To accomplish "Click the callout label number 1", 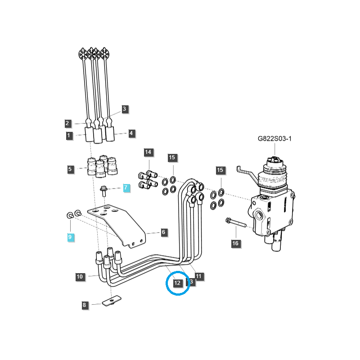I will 69,135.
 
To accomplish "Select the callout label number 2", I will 67,123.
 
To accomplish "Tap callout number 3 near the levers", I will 125,109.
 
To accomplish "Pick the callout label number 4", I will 131,133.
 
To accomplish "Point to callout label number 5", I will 70,169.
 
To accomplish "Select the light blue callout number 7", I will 126,188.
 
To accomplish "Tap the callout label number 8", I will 84,305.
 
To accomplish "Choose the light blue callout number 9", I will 70,237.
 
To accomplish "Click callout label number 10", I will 80,277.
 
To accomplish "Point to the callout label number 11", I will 198,276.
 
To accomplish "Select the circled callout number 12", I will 177,283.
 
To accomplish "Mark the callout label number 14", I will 148,152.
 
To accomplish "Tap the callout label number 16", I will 235,243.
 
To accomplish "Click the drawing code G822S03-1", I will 274,139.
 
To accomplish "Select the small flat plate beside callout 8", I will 110,301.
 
